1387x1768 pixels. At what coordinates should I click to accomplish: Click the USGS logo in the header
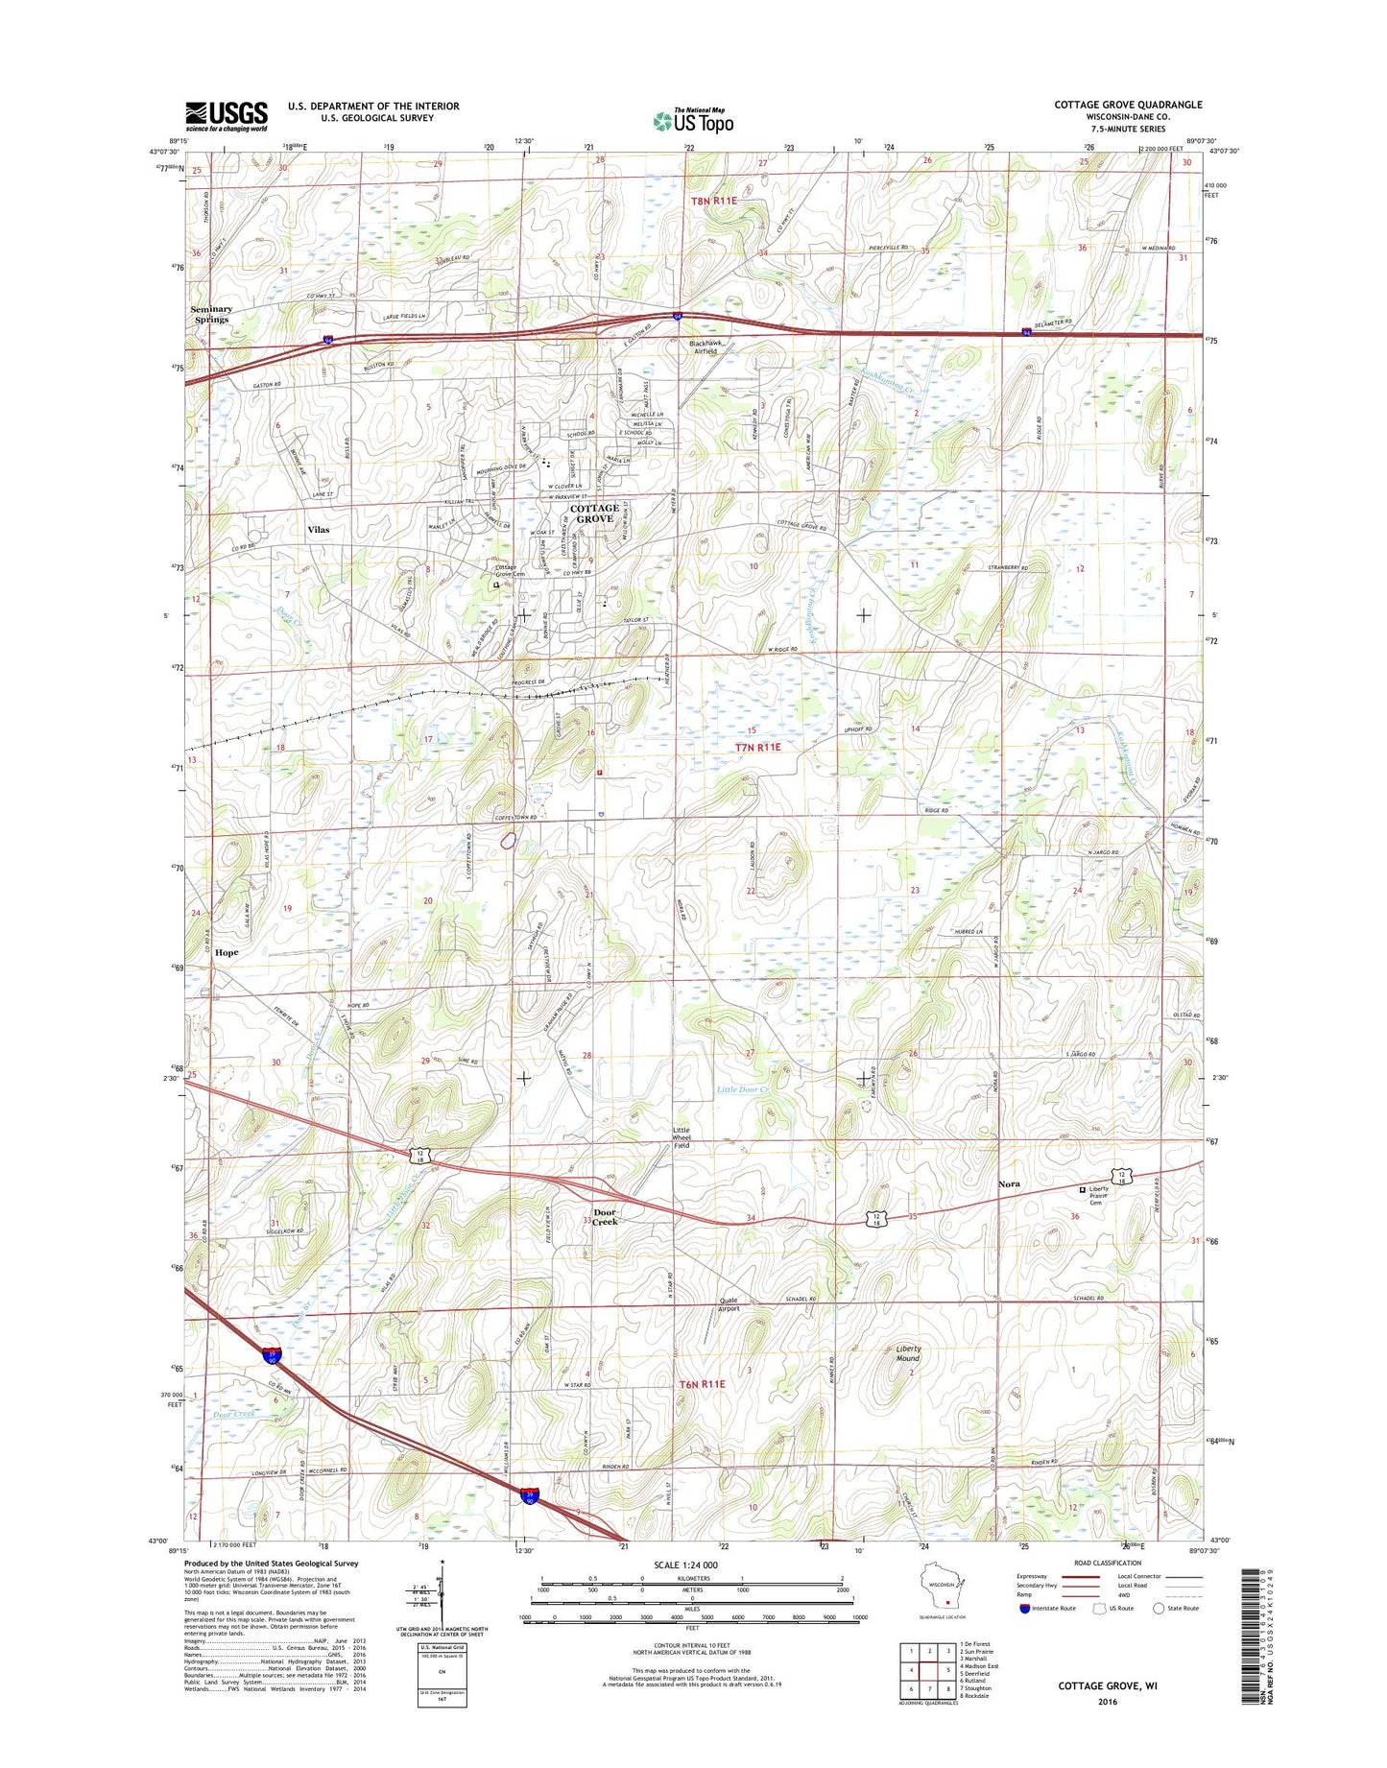coord(227,116)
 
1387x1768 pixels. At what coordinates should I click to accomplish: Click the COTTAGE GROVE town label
coord(594,514)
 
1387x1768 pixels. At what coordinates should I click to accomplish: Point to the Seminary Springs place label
coord(211,314)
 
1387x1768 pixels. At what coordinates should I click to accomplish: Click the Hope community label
coord(227,952)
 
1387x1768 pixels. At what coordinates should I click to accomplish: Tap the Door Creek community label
coord(605,1216)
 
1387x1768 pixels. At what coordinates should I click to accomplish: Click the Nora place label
coord(1008,1184)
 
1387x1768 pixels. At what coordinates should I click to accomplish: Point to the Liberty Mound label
coord(907,1353)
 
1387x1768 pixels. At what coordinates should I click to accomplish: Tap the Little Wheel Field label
coord(681,1137)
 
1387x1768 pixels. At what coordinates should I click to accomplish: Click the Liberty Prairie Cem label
coord(1098,1195)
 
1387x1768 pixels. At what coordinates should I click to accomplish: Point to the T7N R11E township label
coord(758,746)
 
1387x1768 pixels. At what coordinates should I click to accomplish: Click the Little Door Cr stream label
coord(743,1089)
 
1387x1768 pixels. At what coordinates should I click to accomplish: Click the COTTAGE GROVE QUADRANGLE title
coord(1128,105)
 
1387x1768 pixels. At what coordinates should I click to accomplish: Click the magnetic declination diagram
coord(442,1613)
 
